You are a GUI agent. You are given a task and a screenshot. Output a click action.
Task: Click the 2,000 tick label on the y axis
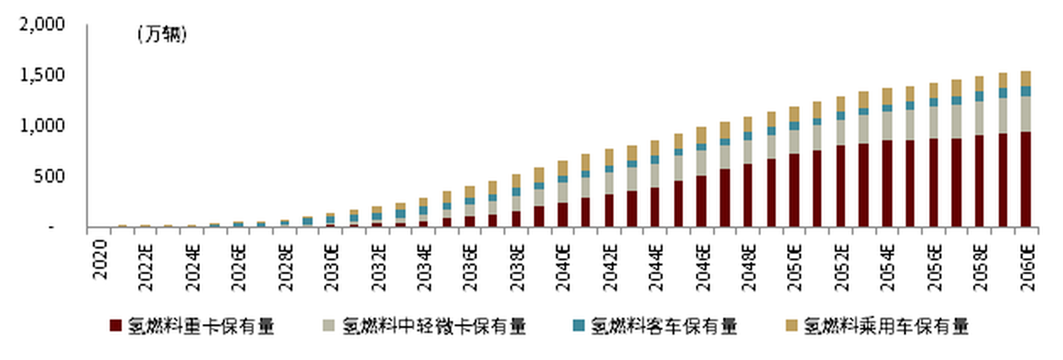pyautogui.click(x=42, y=25)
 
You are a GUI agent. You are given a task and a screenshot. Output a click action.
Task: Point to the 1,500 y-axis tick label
pyautogui.click(x=42, y=75)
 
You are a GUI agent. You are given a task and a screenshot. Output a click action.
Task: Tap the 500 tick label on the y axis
pyautogui.click(x=50, y=177)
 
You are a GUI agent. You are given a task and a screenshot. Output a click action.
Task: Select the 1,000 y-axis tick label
pyautogui.click(x=42, y=126)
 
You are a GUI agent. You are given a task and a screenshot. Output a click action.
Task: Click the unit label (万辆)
pyautogui.click(x=162, y=34)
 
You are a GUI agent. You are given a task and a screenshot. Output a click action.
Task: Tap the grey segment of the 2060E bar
pyautogui.click(x=1026, y=113)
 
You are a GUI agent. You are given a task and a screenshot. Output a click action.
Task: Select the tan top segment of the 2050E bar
pyautogui.click(x=794, y=113)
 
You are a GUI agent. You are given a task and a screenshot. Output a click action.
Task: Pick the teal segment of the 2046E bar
pyautogui.click(x=701, y=147)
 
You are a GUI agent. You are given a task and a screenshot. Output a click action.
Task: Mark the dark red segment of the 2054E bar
pyautogui.click(x=887, y=183)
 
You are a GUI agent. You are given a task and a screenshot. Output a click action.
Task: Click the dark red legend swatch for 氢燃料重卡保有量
pyautogui.click(x=116, y=326)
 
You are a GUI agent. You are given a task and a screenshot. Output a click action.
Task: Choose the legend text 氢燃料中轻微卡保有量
pyautogui.click(x=434, y=326)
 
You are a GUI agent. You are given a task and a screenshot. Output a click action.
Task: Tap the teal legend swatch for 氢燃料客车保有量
pyautogui.click(x=578, y=326)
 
